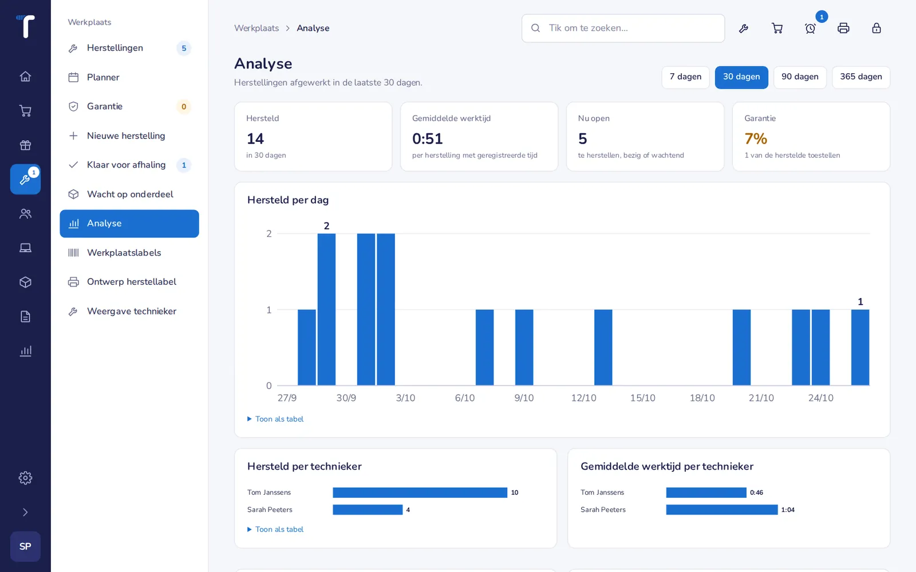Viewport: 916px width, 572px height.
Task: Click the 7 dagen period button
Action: [x=685, y=77]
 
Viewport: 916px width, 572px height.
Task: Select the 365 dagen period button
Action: [x=861, y=77]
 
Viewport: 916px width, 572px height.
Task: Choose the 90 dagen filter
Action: [x=800, y=77]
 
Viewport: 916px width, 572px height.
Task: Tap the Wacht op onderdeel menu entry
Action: [x=129, y=194]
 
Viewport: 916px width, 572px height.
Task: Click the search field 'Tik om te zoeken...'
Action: [x=623, y=28]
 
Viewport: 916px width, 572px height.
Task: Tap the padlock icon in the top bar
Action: [x=876, y=28]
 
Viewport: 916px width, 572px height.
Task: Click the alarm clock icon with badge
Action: [x=810, y=28]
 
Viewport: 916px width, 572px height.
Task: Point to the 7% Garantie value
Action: [x=756, y=139]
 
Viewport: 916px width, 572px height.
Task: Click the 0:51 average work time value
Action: [x=427, y=139]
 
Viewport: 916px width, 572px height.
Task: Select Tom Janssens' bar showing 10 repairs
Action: [x=420, y=492]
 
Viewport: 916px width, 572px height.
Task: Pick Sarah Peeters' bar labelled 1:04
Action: [x=722, y=510]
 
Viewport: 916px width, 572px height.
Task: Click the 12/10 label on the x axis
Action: [x=583, y=398]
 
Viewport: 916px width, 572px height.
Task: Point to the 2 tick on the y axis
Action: [x=269, y=234]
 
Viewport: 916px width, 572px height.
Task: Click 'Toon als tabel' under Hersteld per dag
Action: [x=279, y=419]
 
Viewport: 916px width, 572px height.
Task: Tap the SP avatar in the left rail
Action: [x=25, y=546]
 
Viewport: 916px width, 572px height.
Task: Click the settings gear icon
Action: [x=25, y=478]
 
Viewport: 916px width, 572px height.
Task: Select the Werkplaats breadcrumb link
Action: [x=256, y=28]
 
